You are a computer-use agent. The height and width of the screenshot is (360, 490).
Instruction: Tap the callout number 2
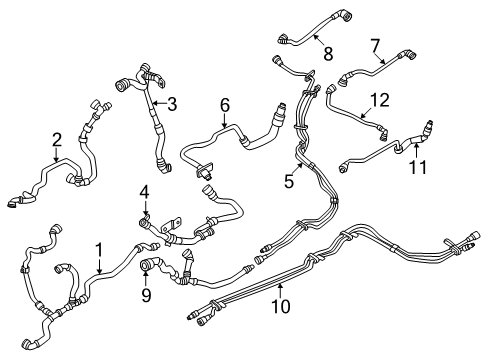click(57, 139)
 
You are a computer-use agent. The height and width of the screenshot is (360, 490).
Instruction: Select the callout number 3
click(172, 102)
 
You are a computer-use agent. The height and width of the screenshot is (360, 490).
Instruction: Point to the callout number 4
click(144, 191)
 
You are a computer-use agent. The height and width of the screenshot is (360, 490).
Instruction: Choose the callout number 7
click(375, 45)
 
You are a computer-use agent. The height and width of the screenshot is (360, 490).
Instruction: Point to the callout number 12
click(377, 99)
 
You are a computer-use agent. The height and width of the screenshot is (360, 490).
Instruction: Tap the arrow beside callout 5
click(298, 169)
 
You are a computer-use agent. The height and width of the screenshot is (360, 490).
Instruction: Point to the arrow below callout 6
click(225, 123)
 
